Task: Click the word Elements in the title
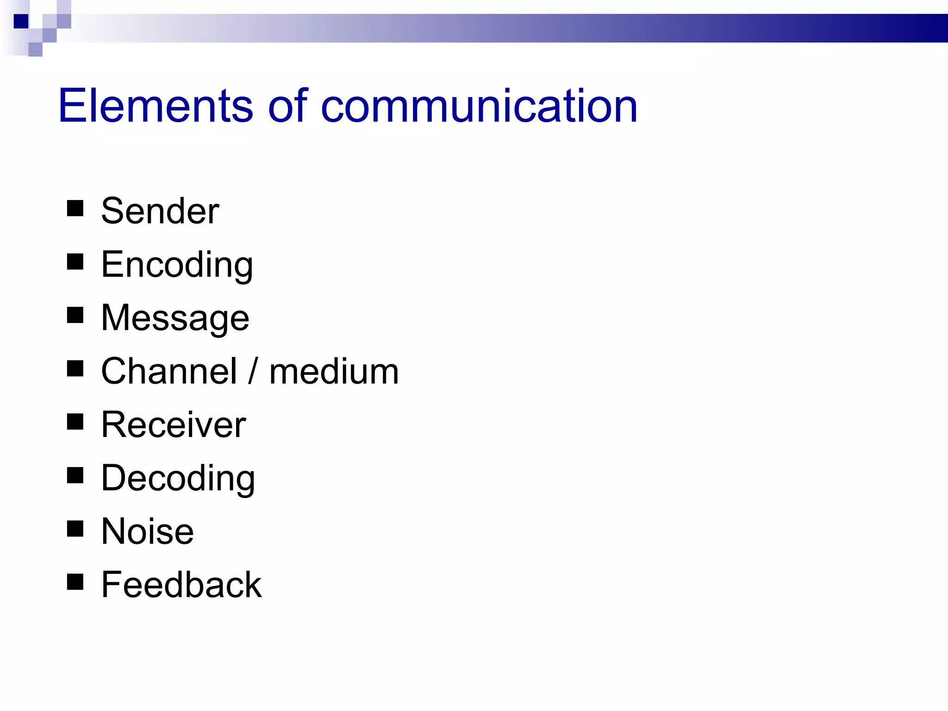point(155,106)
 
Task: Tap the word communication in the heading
point(479,106)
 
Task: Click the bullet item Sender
point(160,211)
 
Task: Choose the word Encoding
point(177,265)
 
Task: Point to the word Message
point(175,318)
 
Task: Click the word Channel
point(169,371)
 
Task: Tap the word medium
point(334,371)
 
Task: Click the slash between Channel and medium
point(253,371)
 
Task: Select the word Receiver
point(174,424)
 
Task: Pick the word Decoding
point(178,479)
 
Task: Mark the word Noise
point(147,531)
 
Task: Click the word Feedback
point(181,585)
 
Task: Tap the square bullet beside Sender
point(75,208)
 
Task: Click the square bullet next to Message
point(75,315)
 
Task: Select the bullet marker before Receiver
point(75,422)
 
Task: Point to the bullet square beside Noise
point(75,529)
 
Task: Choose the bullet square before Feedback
point(75,582)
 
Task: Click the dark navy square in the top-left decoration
point(21,21)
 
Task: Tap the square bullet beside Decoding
point(75,475)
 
